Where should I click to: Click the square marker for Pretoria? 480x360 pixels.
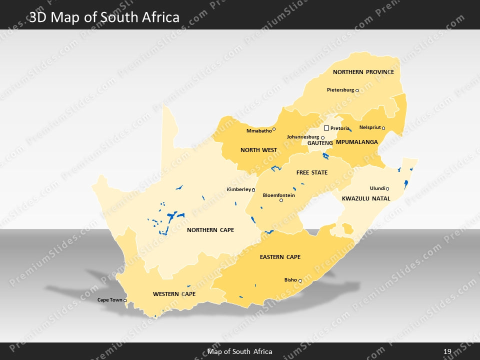(x=326, y=128)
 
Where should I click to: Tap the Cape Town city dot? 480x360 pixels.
(x=125, y=300)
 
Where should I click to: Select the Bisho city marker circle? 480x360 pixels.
(x=300, y=281)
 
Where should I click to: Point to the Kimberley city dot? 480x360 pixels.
(x=253, y=190)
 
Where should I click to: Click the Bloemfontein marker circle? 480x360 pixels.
(x=281, y=200)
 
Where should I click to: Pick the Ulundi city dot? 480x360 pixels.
(x=387, y=188)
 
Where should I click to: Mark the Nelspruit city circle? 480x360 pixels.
(x=383, y=128)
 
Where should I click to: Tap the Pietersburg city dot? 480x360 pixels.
(x=357, y=90)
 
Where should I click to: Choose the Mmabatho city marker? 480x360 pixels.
(x=274, y=129)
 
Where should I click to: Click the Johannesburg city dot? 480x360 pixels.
(x=322, y=137)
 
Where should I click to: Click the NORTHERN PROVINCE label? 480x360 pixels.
(x=363, y=72)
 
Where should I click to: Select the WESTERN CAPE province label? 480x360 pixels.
(x=174, y=294)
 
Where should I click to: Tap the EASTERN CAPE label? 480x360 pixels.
(x=280, y=257)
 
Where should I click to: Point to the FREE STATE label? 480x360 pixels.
(x=312, y=172)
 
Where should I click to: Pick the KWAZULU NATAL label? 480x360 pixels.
(x=366, y=198)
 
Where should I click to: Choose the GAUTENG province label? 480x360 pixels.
(x=320, y=143)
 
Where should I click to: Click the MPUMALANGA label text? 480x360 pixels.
(x=356, y=142)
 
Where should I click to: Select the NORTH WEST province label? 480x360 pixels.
(x=258, y=150)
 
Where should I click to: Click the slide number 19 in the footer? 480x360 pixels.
(x=447, y=351)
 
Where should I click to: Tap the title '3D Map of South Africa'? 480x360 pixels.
(x=104, y=18)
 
